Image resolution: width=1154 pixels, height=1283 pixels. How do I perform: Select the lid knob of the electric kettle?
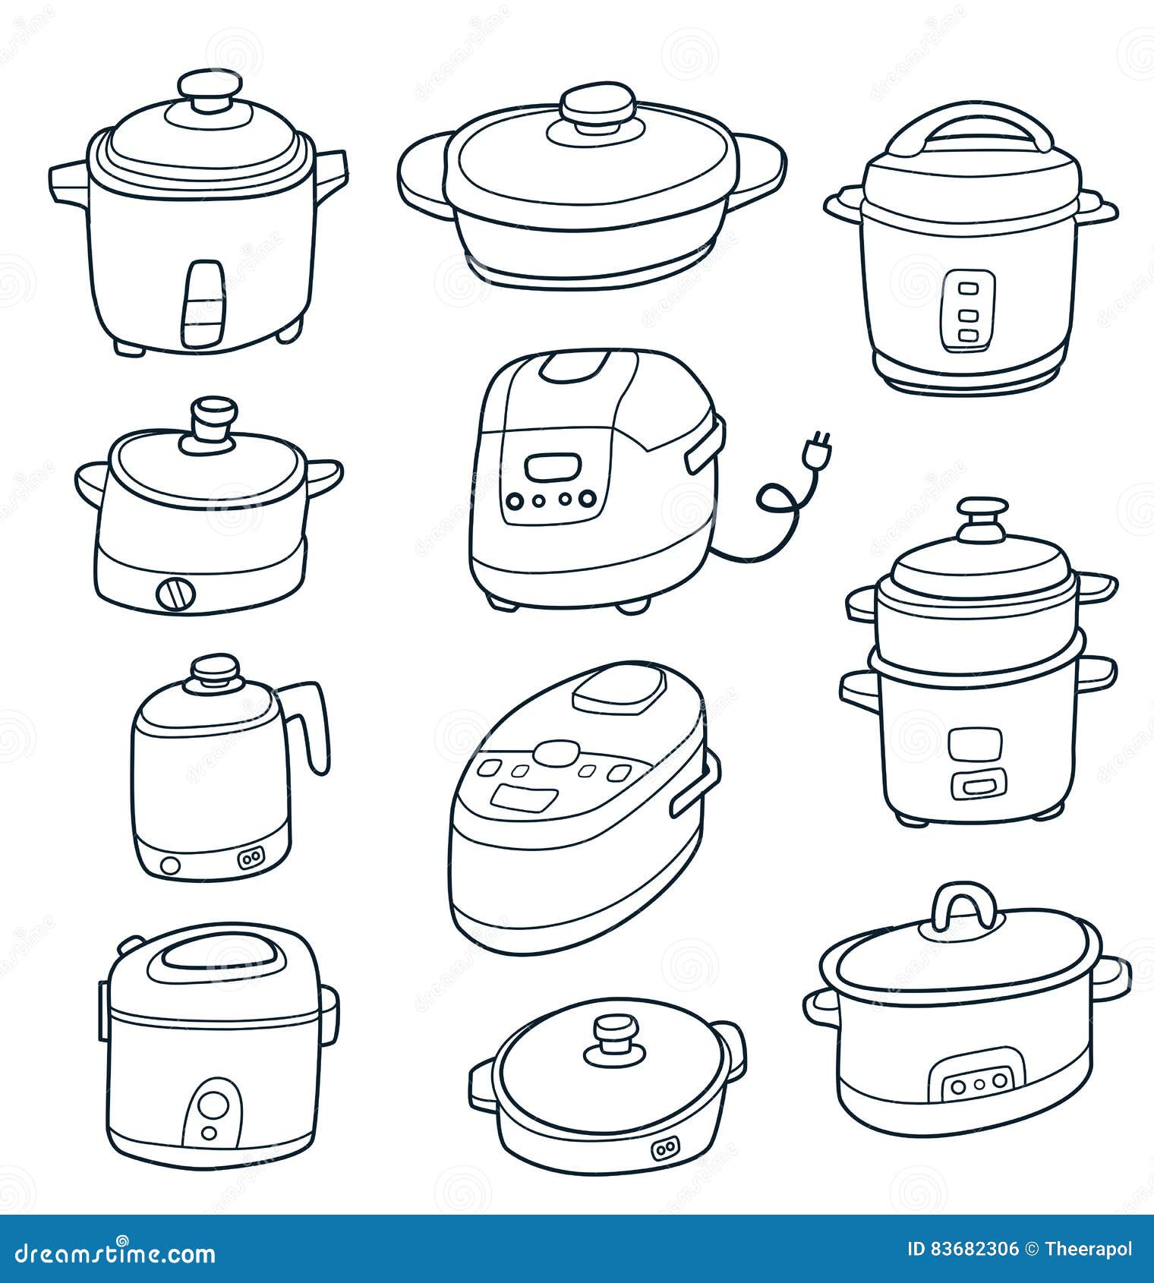pos(216,671)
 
